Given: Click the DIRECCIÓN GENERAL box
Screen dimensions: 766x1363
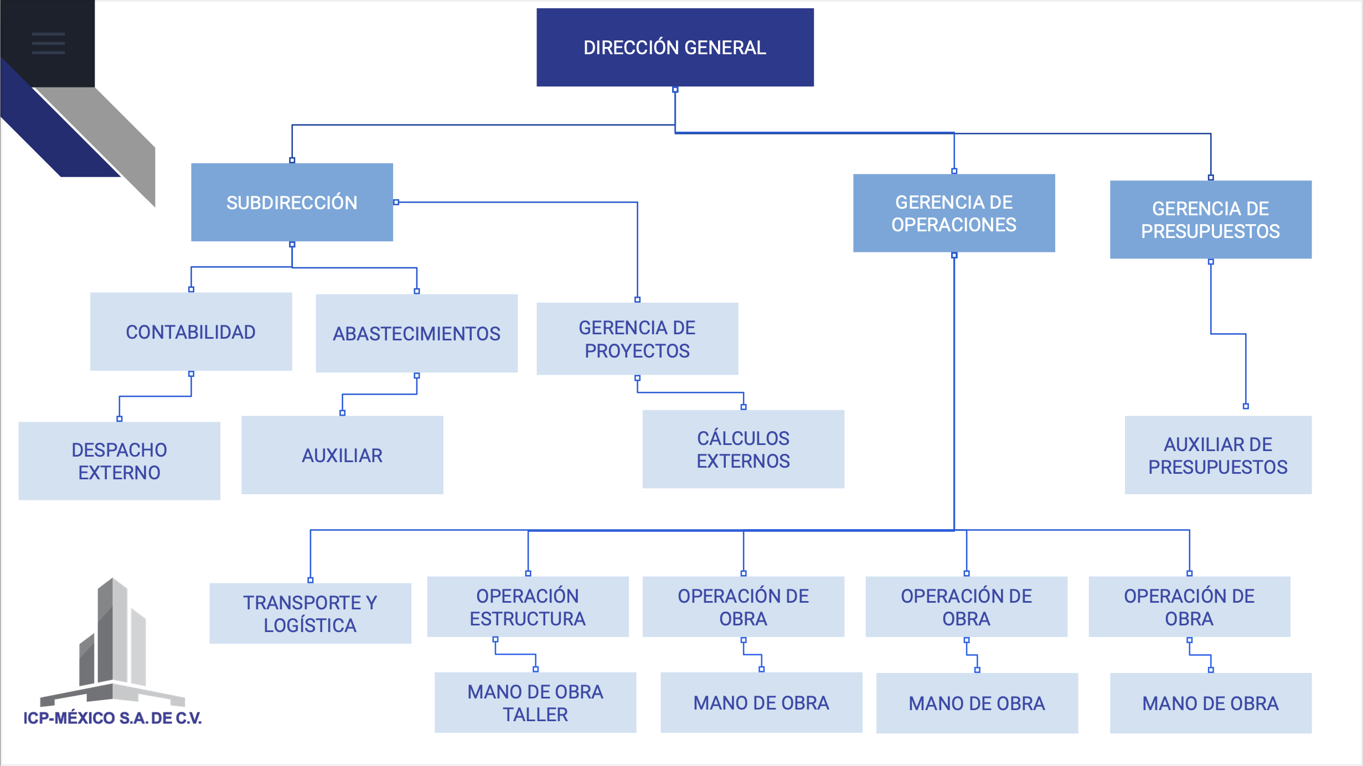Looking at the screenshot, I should coord(675,48).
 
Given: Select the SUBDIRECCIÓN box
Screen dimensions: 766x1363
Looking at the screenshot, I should coord(292,203).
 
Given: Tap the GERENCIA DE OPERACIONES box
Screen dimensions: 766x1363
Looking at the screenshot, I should coord(953,214).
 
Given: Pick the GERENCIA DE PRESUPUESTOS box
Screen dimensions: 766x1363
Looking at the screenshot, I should coord(1210,220).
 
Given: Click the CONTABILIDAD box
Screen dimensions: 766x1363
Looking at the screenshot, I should coord(191,332).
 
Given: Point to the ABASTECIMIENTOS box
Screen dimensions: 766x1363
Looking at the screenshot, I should coord(416,334).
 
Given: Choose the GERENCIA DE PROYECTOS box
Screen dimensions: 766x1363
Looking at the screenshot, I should coord(637,339).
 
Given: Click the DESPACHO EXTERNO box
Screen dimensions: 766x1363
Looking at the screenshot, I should coord(119,461).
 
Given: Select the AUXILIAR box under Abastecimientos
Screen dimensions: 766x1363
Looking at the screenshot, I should coord(342,456).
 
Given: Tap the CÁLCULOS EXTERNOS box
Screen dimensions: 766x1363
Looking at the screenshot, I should coord(743,449).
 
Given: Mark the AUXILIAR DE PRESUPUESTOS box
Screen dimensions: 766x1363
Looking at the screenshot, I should coord(1217,456).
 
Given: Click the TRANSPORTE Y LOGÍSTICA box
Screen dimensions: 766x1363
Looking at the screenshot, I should coord(310,613).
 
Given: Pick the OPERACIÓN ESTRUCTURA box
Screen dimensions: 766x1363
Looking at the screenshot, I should coord(528,607).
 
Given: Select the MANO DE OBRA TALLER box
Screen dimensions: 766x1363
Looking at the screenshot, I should coord(535,703).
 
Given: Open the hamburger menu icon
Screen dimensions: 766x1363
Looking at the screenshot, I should coord(48,43).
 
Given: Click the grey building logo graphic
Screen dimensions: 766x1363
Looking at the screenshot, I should coord(112,642).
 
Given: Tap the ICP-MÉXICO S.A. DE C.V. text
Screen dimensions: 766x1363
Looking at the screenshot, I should coord(112,718).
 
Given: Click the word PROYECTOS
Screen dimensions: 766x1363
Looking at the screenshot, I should coord(637,351).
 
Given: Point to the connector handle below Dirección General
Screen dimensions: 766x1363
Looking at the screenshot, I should coord(675,90).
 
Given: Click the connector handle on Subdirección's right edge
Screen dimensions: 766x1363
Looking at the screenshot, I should coord(396,203).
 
